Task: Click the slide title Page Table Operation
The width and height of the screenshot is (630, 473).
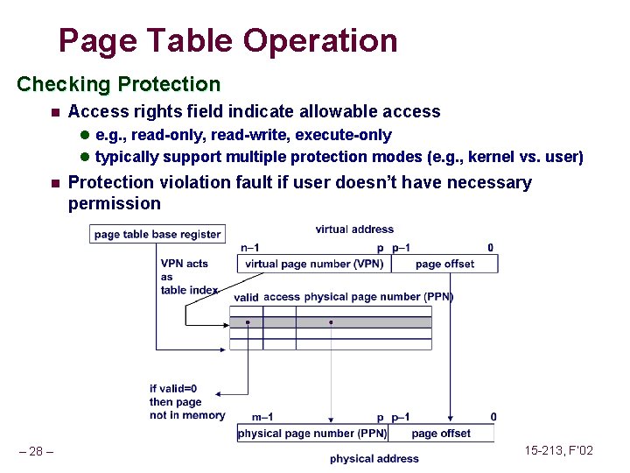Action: pyautogui.click(x=227, y=40)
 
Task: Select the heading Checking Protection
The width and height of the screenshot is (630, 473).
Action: pyautogui.click(x=119, y=84)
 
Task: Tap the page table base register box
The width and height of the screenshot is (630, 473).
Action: pyautogui.click(x=157, y=234)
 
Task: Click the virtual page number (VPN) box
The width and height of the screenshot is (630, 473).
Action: pyautogui.click(x=314, y=264)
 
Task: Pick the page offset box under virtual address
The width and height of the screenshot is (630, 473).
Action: pyautogui.click(x=444, y=264)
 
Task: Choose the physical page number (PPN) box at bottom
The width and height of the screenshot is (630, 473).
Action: pyautogui.click(x=312, y=433)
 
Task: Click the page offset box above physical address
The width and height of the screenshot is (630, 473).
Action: pyautogui.click(x=440, y=433)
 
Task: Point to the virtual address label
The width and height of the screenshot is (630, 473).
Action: pyautogui.click(x=354, y=229)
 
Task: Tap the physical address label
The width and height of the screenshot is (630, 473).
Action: pyautogui.click(x=374, y=458)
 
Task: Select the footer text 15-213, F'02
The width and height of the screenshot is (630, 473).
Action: pyautogui.click(x=558, y=450)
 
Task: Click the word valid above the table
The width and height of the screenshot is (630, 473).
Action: pyautogui.click(x=246, y=298)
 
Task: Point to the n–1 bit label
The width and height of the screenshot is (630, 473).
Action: pyautogui.click(x=249, y=248)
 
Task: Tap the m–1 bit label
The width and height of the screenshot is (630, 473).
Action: pyautogui.click(x=262, y=417)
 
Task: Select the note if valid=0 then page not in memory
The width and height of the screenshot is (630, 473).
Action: pyautogui.click(x=186, y=402)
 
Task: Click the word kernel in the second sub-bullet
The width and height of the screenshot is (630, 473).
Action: pyautogui.click(x=491, y=157)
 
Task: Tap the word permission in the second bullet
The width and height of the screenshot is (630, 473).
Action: pyautogui.click(x=115, y=203)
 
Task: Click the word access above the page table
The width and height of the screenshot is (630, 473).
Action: pyautogui.click(x=281, y=297)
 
